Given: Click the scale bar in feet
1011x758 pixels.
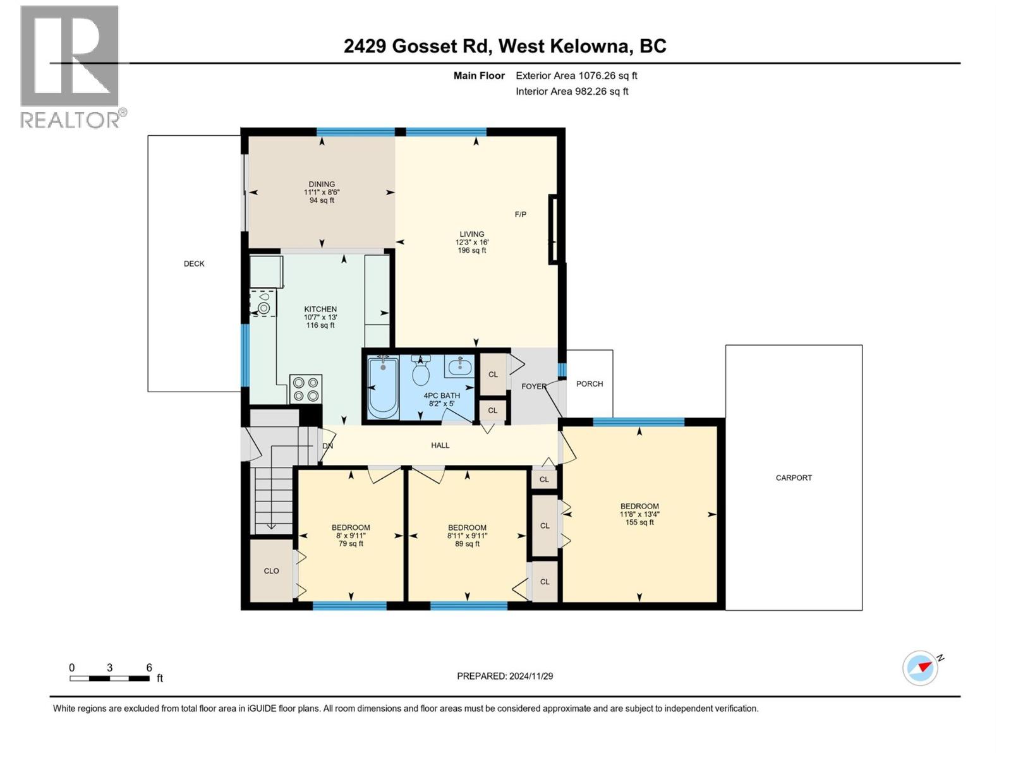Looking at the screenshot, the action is coord(111,678).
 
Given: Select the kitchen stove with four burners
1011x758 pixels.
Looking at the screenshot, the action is coord(306,389).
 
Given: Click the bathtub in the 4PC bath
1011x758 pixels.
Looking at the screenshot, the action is coord(383,387).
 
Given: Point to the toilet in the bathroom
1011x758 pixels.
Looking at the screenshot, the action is coord(421,371).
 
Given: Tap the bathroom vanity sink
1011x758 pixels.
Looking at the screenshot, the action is coord(460,366).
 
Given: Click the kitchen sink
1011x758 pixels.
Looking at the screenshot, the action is coord(263,304).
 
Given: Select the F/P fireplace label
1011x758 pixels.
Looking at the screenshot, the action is coord(521,215).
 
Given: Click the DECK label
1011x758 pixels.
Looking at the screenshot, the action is coord(194,264).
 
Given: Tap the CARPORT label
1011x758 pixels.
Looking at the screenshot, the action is coord(794,478).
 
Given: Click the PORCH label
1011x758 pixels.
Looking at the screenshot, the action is coord(590,384).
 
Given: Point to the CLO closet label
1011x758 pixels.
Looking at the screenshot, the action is coord(271,571).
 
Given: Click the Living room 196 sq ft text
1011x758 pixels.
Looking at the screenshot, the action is coord(472,251).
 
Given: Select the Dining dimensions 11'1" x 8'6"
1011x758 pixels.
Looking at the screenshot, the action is coord(322,193).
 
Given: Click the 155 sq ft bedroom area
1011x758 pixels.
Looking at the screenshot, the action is coord(639,522).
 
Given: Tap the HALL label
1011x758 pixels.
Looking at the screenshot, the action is coord(440,445).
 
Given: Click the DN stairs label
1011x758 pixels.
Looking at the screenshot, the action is coord(327,446).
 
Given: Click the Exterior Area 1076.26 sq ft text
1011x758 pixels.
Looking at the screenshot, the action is coord(576,76).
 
